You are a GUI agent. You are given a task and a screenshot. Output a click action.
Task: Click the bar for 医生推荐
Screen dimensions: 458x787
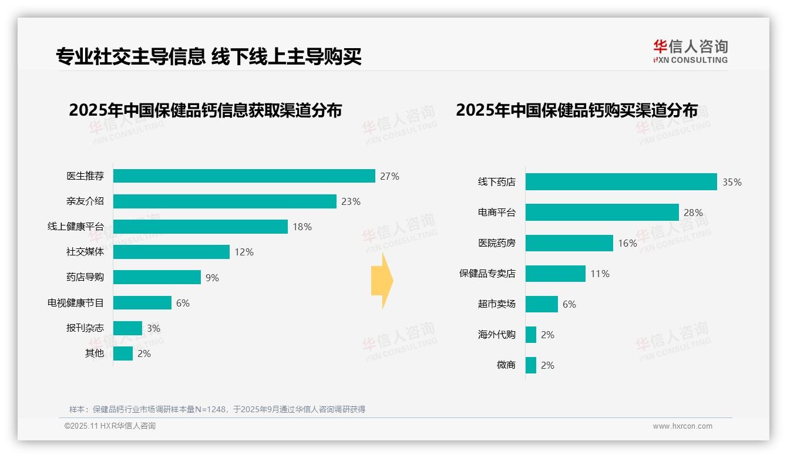(244, 176)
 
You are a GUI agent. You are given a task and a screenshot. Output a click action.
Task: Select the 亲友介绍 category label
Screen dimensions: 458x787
(85, 201)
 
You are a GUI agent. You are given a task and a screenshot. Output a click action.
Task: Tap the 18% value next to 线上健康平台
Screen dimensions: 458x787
(302, 227)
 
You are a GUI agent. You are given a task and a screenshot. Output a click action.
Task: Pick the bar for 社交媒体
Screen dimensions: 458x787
(171, 252)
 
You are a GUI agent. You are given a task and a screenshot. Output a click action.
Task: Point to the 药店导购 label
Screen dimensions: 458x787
(85, 277)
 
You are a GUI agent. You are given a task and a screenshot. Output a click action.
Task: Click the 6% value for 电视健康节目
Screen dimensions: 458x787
(183, 303)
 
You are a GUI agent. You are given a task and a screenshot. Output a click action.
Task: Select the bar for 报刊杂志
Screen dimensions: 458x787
(127, 328)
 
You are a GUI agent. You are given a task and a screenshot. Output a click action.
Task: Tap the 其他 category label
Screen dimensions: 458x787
(94, 353)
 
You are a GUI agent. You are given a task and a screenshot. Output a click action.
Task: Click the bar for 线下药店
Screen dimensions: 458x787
(621, 182)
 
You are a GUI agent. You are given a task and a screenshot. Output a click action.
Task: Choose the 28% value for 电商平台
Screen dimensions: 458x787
(693, 213)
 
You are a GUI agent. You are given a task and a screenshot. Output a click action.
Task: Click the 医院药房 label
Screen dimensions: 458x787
(496, 243)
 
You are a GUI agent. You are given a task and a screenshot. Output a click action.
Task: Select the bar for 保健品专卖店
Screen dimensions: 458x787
(555, 274)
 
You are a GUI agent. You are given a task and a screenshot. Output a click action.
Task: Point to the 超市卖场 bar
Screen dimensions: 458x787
(542, 304)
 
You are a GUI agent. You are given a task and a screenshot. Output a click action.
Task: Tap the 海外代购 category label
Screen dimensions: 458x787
(496, 335)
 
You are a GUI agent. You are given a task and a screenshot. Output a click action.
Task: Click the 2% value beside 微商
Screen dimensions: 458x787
(547, 365)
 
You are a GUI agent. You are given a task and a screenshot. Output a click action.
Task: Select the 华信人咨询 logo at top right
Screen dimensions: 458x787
(690, 51)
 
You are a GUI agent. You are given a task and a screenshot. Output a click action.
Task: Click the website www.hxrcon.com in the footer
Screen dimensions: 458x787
(682, 426)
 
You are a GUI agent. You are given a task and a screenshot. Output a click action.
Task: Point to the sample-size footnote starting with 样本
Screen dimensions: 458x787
(217, 409)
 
